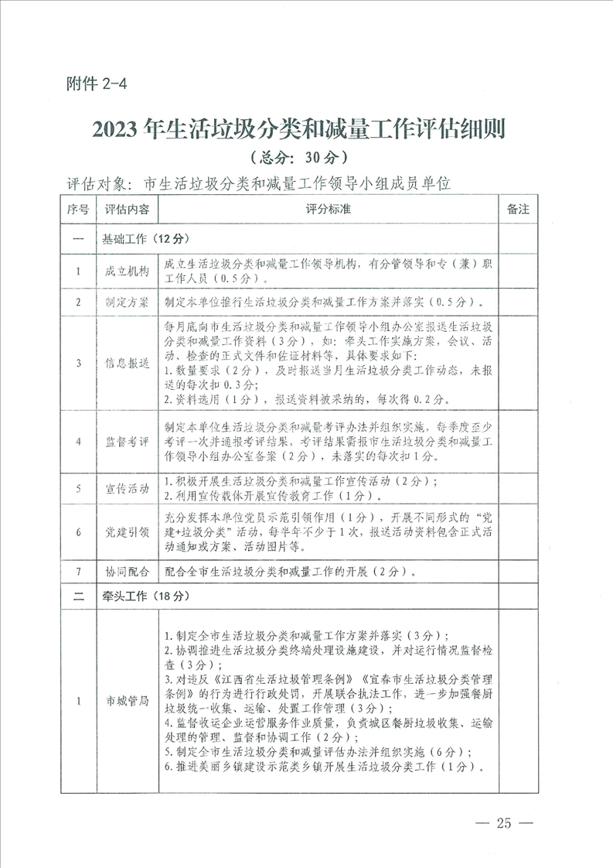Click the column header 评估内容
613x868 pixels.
pos(128,210)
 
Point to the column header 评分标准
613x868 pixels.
pos(328,210)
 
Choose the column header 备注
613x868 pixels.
pos(517,210)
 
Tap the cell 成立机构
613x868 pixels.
pos(128,272)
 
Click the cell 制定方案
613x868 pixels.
pos(128,302)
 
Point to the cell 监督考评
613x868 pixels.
pos(128,441)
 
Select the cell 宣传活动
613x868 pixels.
pos(128,489)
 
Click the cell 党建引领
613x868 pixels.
pos(128,532)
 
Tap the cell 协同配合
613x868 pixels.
pos(128,572)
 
